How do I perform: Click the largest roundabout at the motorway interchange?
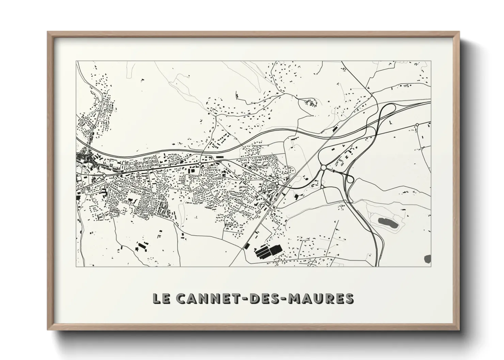click(x=323, y=168)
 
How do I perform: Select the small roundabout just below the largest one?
click(x=322, y=187)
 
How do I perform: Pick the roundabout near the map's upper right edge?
click(x=417, y=125)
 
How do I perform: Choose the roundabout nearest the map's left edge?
click(x=104, y=175)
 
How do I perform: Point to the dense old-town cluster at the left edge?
click(x=83, y=158)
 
